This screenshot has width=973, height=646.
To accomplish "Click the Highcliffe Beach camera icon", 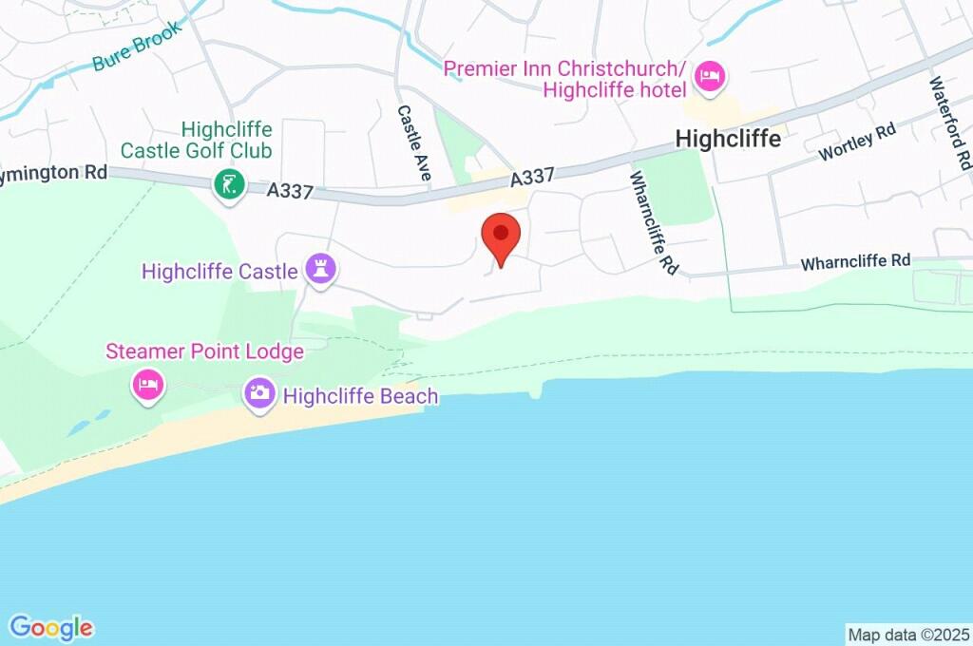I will [x=259, y=392].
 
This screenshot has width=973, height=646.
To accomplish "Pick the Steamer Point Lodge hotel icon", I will [x=148, y=385].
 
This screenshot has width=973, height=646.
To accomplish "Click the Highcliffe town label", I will [x=728, y=139].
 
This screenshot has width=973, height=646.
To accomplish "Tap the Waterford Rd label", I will [x=950, y=119].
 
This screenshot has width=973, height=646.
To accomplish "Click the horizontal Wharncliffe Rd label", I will [x=855, y=260].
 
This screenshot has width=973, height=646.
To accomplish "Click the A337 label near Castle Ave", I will [x=532, y=178].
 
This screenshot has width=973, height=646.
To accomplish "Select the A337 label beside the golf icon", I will [x=290, y=190].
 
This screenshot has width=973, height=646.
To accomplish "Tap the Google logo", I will [x=51, y=627].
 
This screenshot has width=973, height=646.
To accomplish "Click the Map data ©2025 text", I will [x=908, y=634].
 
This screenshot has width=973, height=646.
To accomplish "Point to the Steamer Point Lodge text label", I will [x=204, y=351].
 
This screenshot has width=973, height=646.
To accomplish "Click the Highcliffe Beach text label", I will [x=360, y=395].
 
